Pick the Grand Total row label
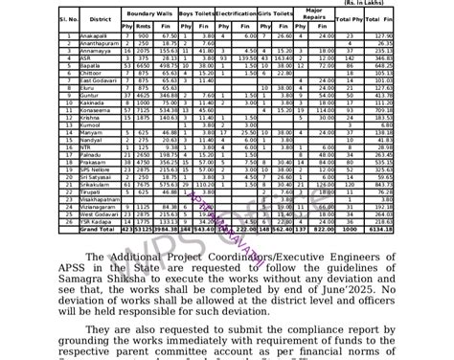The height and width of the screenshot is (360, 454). pyautogui.click(x=96, y=232)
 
